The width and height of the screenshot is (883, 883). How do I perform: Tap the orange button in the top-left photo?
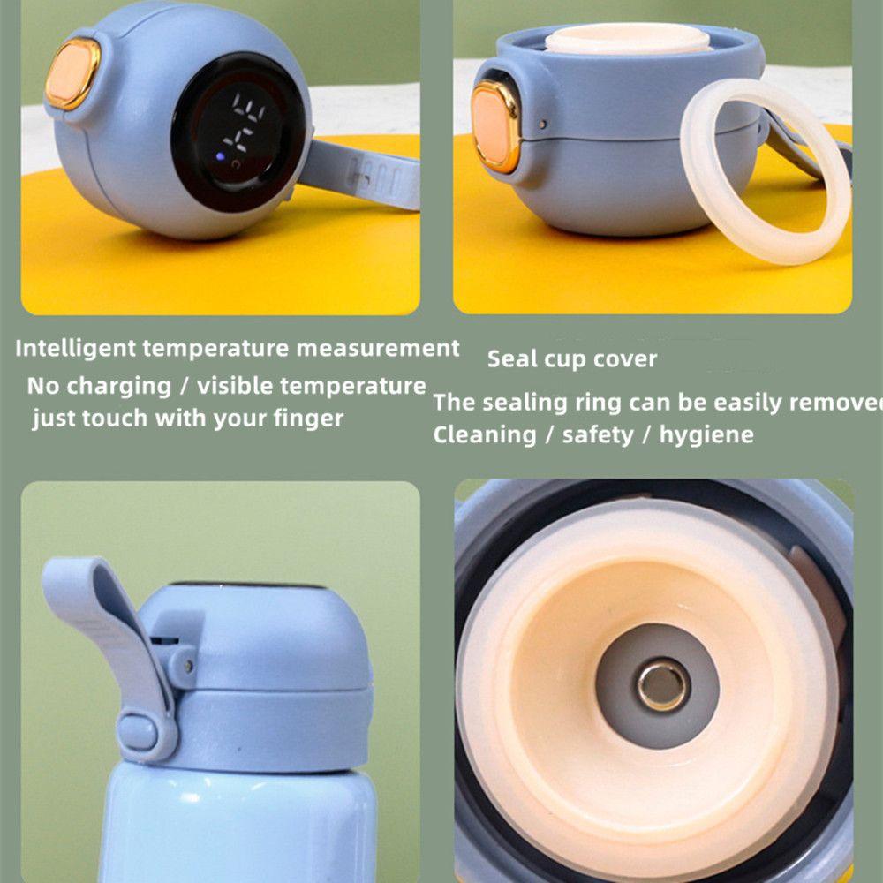72,73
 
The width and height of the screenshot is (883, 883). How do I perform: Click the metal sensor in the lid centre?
664,686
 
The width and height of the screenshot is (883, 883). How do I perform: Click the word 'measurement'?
377,348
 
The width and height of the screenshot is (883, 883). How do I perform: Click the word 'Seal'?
513,359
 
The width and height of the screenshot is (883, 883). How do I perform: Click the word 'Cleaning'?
484,434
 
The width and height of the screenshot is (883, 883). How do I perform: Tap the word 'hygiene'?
706,434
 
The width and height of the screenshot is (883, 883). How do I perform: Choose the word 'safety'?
598,434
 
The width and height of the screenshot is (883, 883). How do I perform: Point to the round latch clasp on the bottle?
138,731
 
